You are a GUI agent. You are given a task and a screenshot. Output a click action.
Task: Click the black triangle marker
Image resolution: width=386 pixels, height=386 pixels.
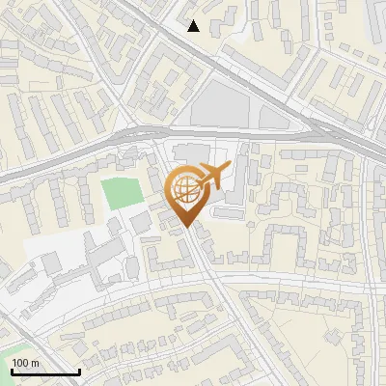(194, 26)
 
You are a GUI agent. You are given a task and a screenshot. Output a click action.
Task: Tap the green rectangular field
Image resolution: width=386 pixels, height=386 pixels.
(121, 193)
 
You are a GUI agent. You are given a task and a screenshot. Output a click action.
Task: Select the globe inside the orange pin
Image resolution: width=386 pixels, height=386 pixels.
(186, 191)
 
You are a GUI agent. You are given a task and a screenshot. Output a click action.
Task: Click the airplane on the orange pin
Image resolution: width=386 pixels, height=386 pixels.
(213, 178)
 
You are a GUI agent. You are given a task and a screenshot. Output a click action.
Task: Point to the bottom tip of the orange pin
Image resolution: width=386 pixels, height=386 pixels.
(186, 227)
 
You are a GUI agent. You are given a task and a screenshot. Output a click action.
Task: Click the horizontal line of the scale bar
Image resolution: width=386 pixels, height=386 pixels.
(44, 372)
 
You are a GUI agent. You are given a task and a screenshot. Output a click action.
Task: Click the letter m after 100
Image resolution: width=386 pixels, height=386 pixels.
(36, 363)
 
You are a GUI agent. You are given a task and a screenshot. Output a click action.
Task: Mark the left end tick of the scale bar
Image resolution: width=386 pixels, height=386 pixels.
(11, 370)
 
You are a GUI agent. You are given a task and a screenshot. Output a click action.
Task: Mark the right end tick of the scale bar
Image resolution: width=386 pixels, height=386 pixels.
(79, 370)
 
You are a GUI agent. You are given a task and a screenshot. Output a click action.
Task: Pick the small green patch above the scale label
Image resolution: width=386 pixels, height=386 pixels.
(14, 347)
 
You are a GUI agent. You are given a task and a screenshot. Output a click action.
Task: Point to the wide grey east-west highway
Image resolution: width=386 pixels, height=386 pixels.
(77, 153)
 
